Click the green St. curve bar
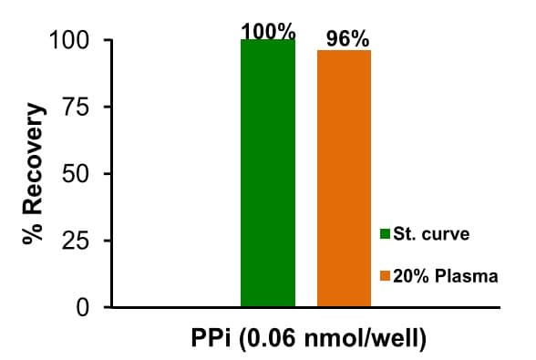tap(268, 173)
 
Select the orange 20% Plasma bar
tap(344, 179)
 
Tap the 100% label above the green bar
tap(268, 31)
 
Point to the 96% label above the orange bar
tap(347, 39)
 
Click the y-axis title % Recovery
tap(35, 173)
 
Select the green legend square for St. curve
tap(385, 234)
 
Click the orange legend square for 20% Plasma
tap(385, 276)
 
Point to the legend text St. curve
tap(431, 234)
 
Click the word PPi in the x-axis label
tap(204, 342)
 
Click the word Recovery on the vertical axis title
tap(35, 159)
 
